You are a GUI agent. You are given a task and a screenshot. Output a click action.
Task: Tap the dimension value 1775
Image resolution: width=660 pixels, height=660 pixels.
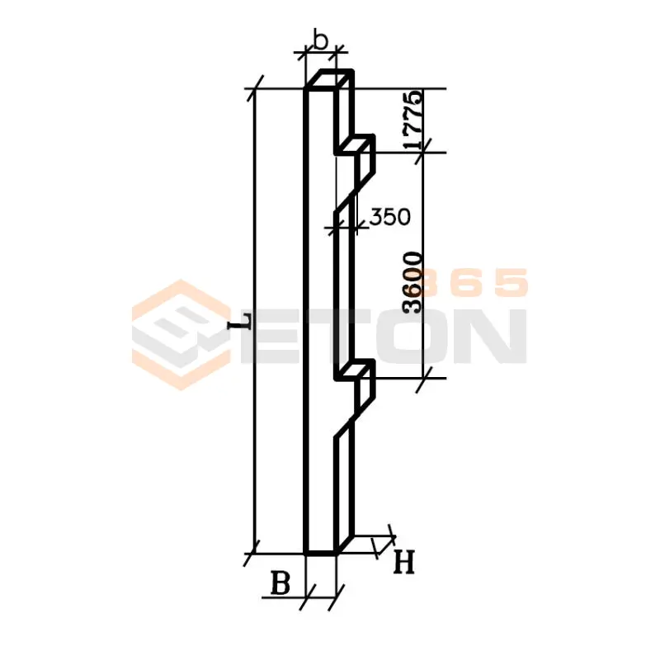pos(412,120)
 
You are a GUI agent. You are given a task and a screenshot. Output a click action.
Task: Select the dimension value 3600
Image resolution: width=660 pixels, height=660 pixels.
pos(412,282)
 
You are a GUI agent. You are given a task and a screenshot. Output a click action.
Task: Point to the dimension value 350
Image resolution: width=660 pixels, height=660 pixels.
pos(389,217)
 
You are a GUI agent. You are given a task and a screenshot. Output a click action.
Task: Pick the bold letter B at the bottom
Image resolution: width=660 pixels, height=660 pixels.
pos(280,583)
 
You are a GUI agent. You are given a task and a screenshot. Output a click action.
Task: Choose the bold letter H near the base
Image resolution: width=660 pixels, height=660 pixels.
pos(404,563)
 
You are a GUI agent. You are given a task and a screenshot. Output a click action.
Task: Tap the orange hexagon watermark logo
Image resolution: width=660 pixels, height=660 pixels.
pos(181,335)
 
